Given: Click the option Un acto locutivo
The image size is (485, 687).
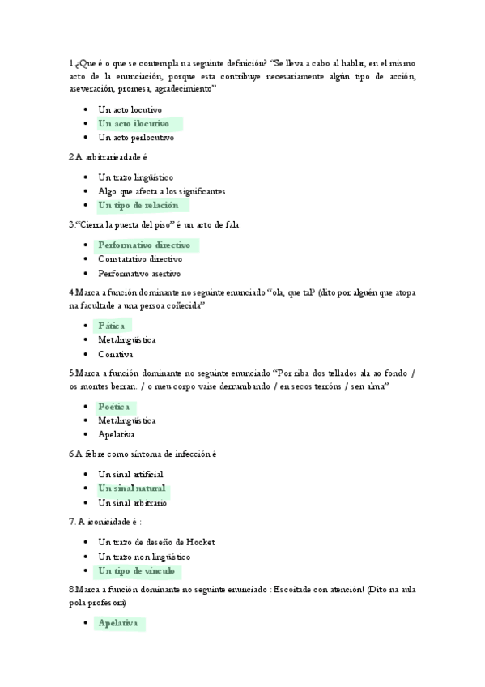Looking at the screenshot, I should pos(130,109).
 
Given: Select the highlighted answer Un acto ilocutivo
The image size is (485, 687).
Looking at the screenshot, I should pos(134,124).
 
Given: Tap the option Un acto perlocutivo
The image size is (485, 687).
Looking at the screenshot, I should pos(135,138).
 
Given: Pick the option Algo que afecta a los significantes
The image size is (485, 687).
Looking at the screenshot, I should pos(161,191).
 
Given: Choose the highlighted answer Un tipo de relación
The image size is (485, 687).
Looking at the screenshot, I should pos(138,206).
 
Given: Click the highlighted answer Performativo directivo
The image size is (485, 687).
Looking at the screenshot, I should pos(144,245).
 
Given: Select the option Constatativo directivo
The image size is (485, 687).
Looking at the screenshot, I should pos(139,259).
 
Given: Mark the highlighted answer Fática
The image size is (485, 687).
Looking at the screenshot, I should pos(111,326).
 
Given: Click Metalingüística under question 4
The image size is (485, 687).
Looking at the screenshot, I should pos(127,339).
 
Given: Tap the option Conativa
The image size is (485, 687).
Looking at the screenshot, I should pos(116,354).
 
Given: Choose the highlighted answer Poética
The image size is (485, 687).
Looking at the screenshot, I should pos(114,407).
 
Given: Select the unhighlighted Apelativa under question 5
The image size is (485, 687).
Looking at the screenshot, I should pos(117,434).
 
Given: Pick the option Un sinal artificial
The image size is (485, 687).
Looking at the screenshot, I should pos(130,474).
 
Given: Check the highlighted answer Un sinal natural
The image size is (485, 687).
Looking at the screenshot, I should pos(132,489).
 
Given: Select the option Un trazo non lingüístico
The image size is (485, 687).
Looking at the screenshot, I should pos(144,557).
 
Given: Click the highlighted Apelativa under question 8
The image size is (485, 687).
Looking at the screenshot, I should pos(117,623).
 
